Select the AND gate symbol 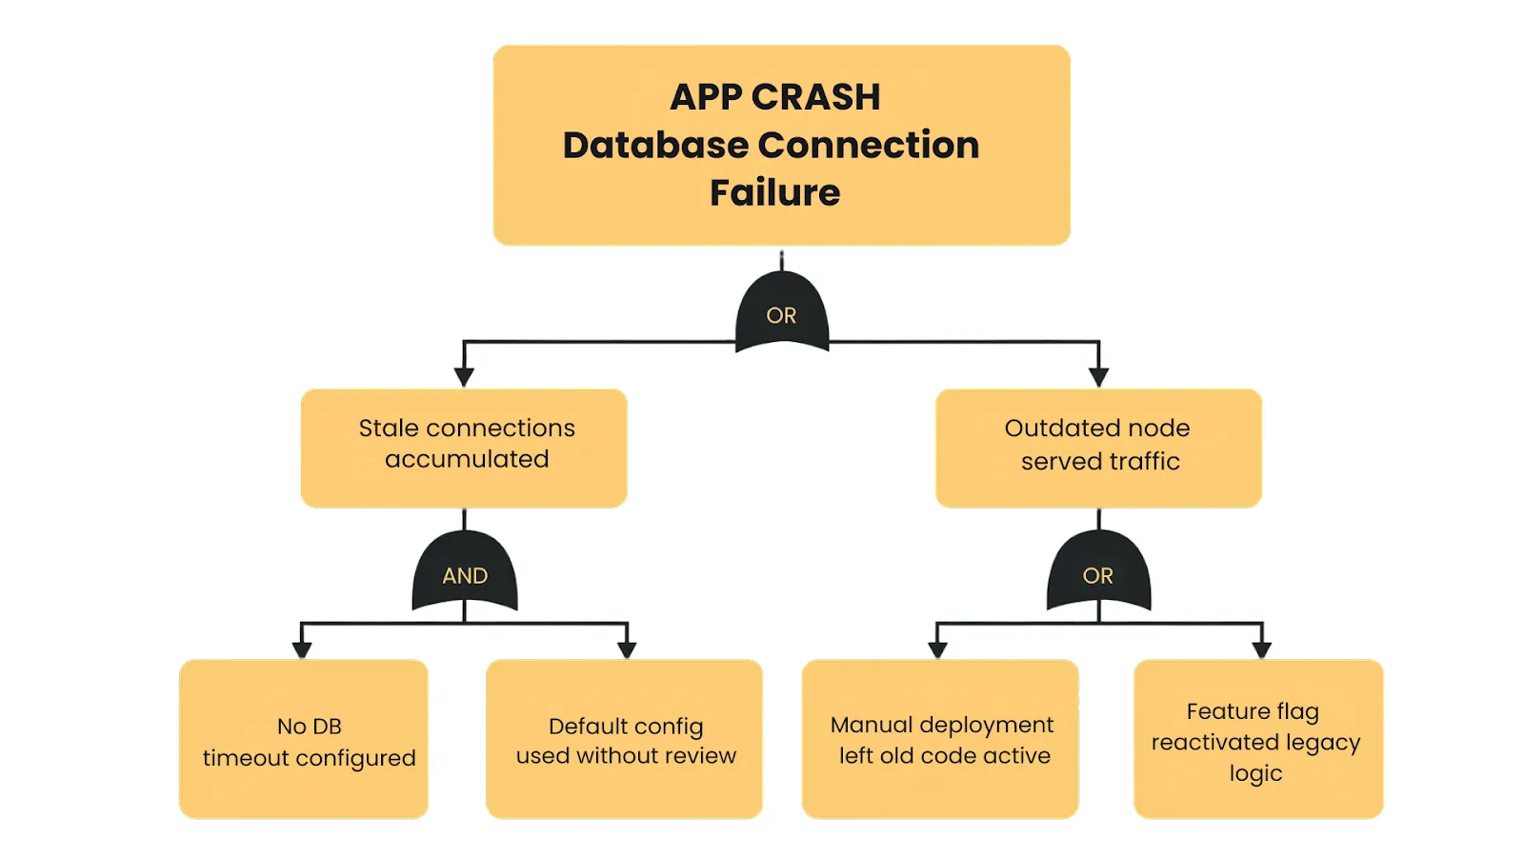[465, 574]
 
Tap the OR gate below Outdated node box [1098, 574]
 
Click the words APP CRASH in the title [774, 97]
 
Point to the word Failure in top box [774, 192]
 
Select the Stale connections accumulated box [464, 448]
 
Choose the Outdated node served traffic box [1098, 448]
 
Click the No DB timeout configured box [303, 739]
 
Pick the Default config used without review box [624, 739]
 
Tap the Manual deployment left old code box [940, 739]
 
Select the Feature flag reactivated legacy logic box [1257, 739]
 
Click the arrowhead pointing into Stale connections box [464, 377]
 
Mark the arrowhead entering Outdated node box [1098, 377]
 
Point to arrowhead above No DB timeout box [302, 649]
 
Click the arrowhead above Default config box [627, 649]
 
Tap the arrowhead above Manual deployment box [937, 649]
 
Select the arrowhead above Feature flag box [1262, 649]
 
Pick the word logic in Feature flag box [1255, 773]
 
